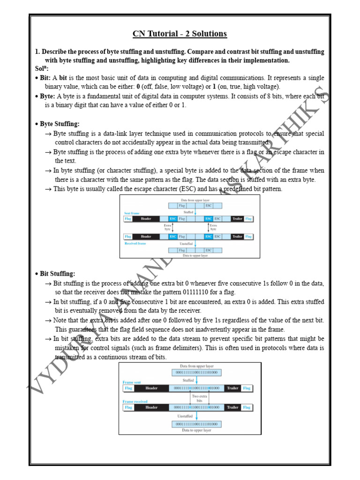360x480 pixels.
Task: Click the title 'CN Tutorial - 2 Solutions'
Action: (x=180, y=34)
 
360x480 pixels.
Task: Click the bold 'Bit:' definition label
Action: (x=45, y=78)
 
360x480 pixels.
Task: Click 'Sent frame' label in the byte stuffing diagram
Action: (x=132, y=213)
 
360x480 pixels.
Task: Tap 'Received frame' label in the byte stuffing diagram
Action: (x=135, y=243)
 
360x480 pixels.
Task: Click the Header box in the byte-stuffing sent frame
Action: (x=146, y=219)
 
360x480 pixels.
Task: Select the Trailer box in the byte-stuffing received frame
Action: (x=237, y=237)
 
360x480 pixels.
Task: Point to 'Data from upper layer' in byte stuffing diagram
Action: (x=195, y=200)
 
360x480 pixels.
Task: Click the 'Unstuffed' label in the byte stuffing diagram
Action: (x=186, y=244)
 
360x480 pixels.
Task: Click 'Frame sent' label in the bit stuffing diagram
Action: (x=132, y=382)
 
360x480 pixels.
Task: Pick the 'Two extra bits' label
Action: (x=200, y=398)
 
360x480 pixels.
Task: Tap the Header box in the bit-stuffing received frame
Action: (x=151, y=407)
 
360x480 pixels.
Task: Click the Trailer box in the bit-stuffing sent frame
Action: (x=232, y=388)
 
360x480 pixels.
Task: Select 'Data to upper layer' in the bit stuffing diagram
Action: (x=196, y=430)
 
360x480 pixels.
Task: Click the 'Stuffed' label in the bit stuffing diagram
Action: (x=188, y=380)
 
